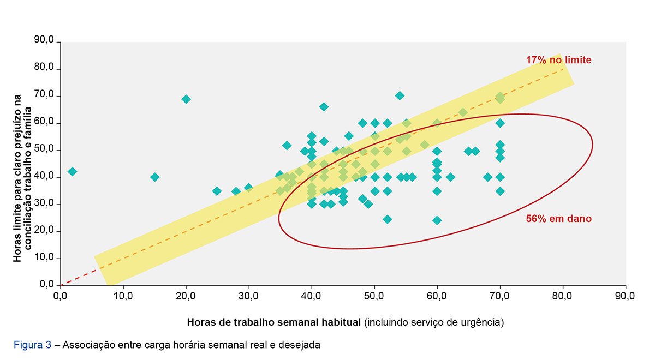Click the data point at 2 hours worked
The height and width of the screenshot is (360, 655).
[72, 171]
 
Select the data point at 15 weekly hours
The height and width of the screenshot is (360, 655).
[154, 177]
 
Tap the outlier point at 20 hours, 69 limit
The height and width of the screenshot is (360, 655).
[186, 99]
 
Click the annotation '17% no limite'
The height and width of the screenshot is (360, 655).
[558, 60]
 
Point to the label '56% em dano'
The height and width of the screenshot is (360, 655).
[558, 219]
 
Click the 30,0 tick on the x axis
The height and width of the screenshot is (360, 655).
[248, 296]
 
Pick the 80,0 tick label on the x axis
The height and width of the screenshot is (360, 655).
[562, 296]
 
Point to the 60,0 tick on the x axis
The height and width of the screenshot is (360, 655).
[437, 296]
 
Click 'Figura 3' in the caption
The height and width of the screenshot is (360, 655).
[33, 345]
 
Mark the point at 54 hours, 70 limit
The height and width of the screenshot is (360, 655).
[400, 95]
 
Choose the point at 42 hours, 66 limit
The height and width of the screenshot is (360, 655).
[324, 107]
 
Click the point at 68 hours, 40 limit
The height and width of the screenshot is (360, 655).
[487, 177]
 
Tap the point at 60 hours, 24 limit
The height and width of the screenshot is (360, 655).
[437, 220]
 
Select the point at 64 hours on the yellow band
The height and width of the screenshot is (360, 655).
[463, 112]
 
